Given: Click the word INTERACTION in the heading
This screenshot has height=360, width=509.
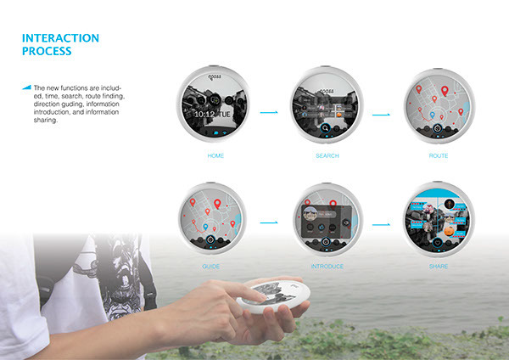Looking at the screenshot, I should [60, 38].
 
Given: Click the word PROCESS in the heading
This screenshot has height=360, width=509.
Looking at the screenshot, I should [48, 51].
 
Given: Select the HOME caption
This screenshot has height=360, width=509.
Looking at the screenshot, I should [215, 157].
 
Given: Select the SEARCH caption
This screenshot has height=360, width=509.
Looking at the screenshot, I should [327, 157].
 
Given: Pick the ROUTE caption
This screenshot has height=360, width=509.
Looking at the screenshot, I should [439, 157].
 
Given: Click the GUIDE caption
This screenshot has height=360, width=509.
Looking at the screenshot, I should [211, 266].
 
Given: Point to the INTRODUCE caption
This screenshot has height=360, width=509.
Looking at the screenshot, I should [327, 266].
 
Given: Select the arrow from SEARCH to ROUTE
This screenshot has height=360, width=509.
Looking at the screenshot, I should [381, 111].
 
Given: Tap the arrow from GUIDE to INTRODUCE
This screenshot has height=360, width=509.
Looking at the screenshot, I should [270, 222].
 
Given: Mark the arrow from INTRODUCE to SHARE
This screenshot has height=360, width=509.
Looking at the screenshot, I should [381, 224].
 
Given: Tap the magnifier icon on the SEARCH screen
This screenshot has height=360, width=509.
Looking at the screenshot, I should [326, 130].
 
